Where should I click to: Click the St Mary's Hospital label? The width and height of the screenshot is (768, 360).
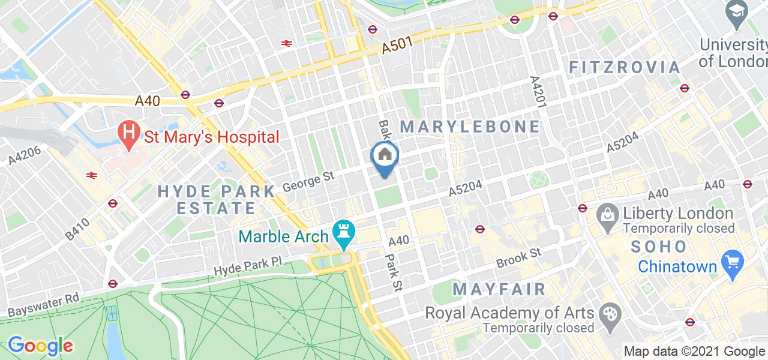(212, 137)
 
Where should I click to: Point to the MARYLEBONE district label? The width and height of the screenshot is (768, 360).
(470, 127)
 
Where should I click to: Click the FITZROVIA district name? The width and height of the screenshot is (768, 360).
(624, 67)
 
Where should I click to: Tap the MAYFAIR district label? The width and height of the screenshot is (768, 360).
(499, 289)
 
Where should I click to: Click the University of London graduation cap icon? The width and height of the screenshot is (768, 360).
(736, 10)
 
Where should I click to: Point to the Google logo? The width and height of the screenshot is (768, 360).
(40, 346)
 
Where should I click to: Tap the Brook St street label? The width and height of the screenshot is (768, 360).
(519, 257)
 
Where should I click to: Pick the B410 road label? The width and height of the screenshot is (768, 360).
(77, 229)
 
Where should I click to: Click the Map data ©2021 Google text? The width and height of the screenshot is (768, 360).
(694, 352)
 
